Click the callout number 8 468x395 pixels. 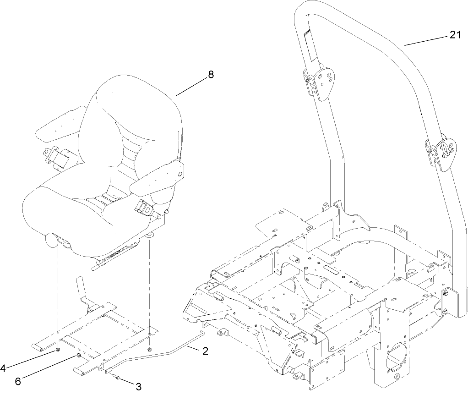(210, 75)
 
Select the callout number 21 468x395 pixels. (454, 35)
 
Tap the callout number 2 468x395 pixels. (205, 351)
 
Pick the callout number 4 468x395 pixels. (4, 367)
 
